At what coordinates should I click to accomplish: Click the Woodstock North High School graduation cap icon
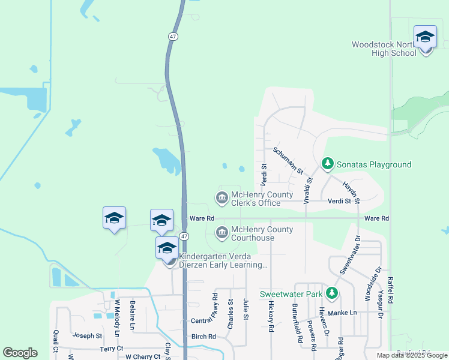(x=425, y=37)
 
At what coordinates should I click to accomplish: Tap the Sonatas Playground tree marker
(x=327, y=163)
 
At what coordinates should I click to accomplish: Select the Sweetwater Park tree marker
(x=331, y=293)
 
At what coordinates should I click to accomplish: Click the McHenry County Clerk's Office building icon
(x=221, y=197)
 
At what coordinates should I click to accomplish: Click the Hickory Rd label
(x=271, y=317)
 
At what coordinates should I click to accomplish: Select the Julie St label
(x=246, y=310)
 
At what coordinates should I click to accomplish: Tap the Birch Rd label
(x=203, y=337)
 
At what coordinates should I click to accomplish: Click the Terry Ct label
(x=112, y=348)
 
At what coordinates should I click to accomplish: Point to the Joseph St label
(x=88, y=335)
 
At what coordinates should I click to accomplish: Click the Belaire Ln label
(x=132, y=316)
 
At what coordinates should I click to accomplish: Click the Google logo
(x=20, y=353)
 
